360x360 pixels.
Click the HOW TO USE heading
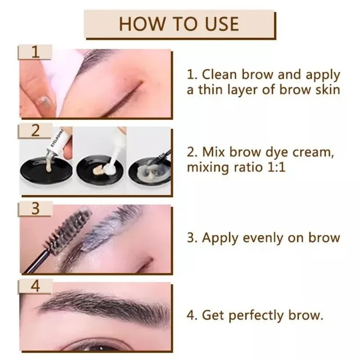(179, 23)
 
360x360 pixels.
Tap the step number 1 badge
(36, 52)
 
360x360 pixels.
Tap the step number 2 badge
(36, 131)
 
